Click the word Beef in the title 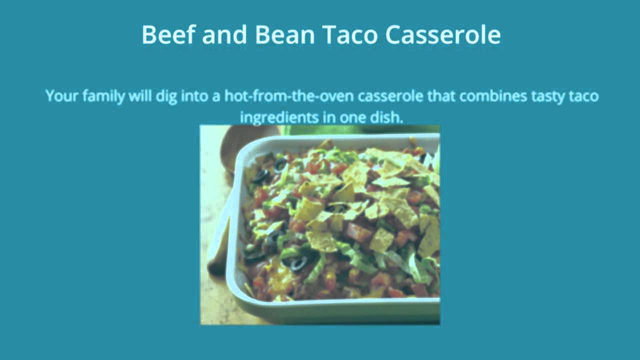(169, 34)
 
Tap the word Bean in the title (285, 34)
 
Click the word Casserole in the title (443, 34)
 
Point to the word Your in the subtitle (62, 95)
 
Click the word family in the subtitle (103, 96)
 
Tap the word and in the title (224, 34)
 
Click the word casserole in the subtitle (390, 96)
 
